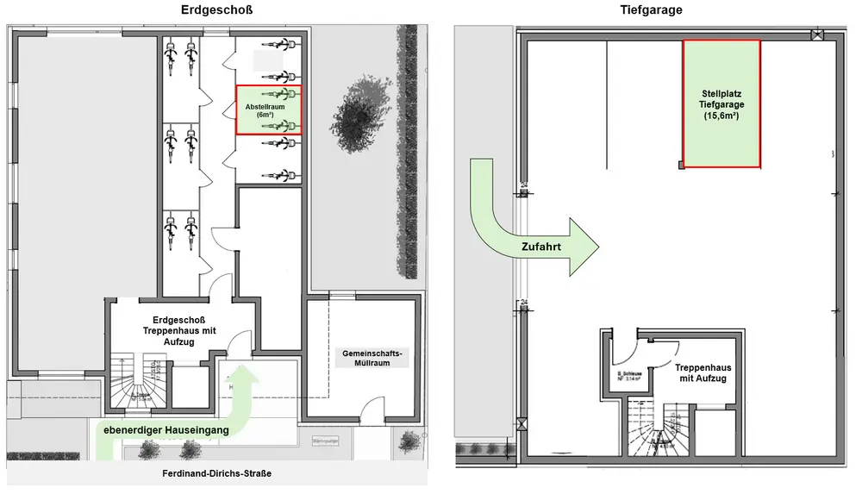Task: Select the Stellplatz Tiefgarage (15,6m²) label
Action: [721, 103]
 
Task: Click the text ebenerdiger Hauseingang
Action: [166, 429]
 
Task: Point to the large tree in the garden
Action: [356, 116]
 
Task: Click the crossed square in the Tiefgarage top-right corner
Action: [816, 35]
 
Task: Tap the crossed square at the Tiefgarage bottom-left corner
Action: [521, 423]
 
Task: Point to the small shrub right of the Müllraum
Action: [406, 442]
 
